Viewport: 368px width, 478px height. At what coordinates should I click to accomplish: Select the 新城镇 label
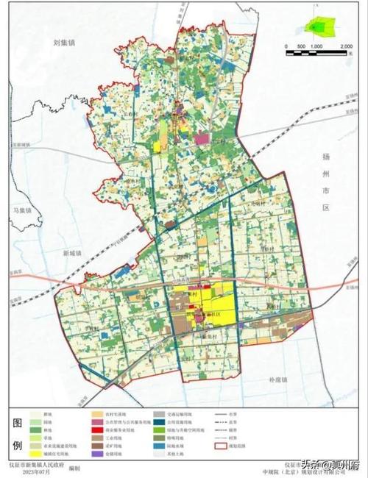(74, 252)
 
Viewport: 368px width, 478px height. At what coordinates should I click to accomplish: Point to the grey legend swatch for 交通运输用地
(158, 414)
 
